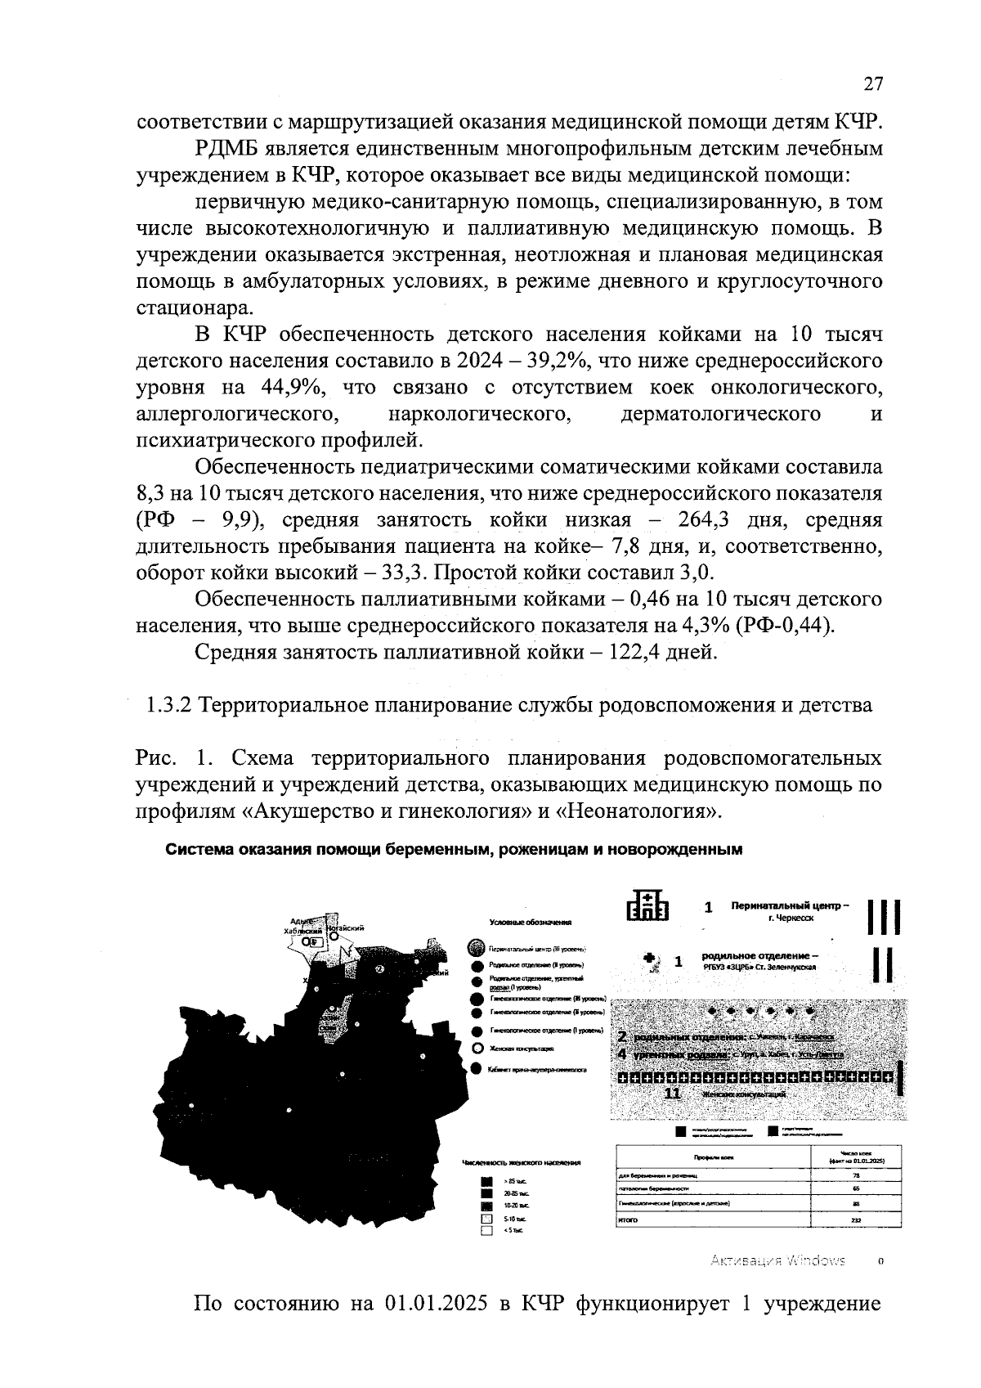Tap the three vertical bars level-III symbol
click(884, 917)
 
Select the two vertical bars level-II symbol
click(883, 965)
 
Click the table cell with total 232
click(855, 1220)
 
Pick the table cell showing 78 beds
click(855, 1175)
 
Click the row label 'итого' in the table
click(627, 1220)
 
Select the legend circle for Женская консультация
click(478, 1049)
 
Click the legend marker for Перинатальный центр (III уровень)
click(477, 950)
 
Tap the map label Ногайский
click(346, 928)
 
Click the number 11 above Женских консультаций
click(672, 1094)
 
